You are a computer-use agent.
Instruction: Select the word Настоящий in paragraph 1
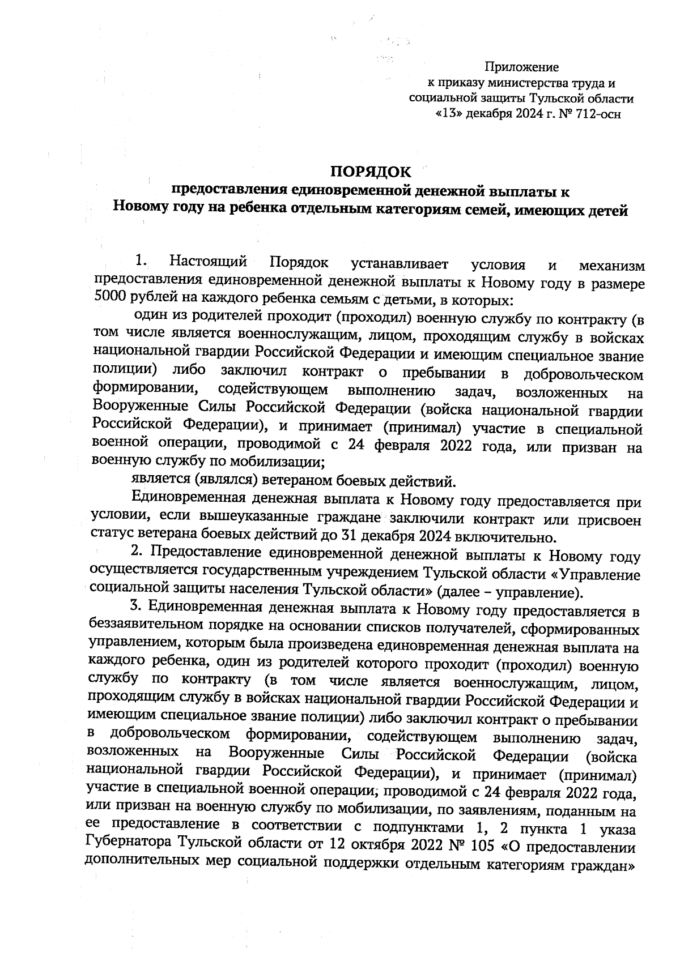[209, 263]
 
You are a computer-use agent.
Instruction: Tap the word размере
[619, 281]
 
